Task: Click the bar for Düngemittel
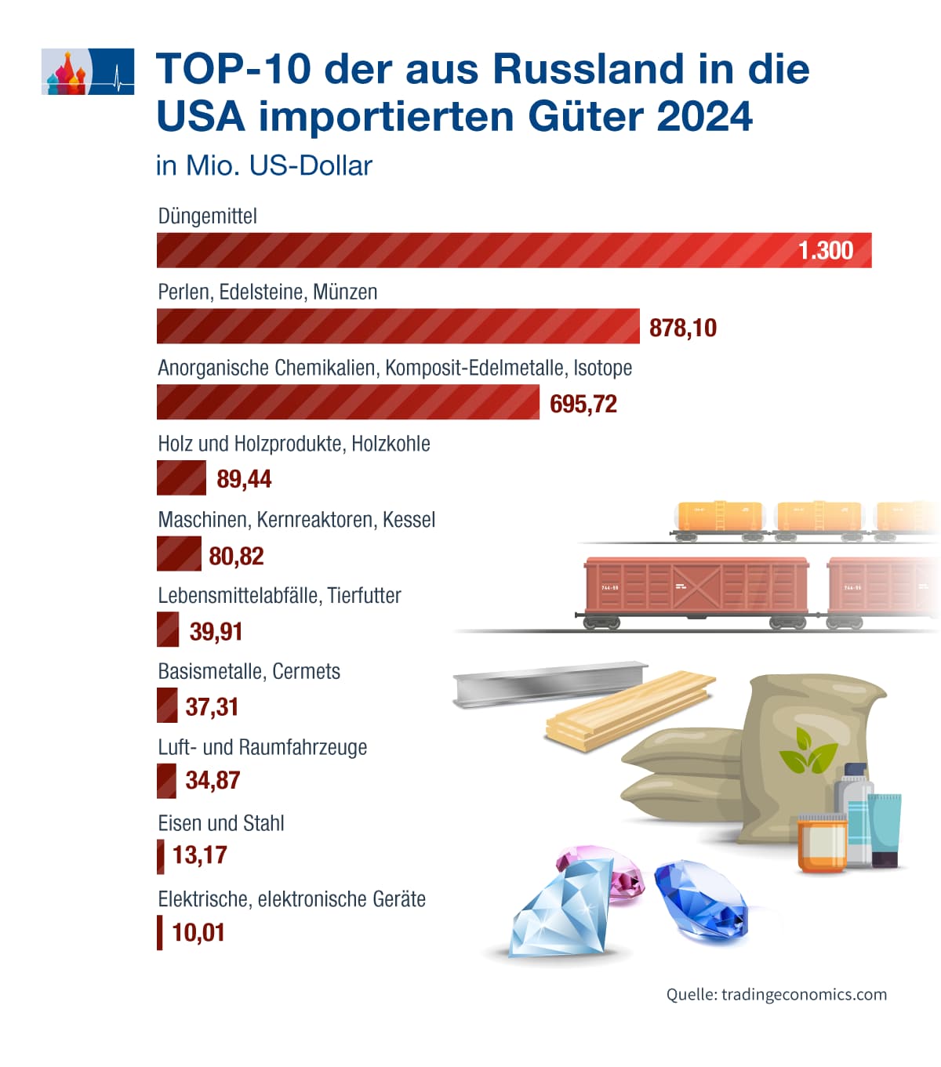point(470,250)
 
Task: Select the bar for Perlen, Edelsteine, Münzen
point(398,326)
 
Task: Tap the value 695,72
point(583,404)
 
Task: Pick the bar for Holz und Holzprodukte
point(181,477)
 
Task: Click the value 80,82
point(236,556)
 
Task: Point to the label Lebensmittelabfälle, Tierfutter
point(279,596)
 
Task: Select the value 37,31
point(212,706)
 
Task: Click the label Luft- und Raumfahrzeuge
point(262,747)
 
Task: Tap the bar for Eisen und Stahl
point(161,856)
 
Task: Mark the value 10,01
point(198,932)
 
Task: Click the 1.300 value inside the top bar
point(825,251)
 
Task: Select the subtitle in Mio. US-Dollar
point(263,166)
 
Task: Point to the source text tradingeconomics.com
point(804,994)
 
